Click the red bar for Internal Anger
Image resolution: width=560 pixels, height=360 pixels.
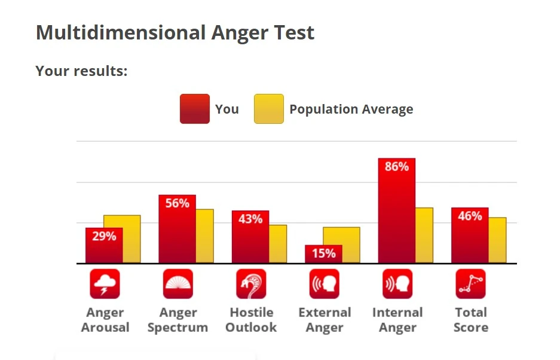coord(396,215)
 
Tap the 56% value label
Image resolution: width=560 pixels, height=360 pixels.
coord(177,203)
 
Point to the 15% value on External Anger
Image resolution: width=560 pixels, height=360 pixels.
coord(323,254)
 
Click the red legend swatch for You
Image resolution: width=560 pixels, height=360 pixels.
coord(194,109)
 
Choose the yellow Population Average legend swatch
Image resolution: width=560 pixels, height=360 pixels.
coord(268,109)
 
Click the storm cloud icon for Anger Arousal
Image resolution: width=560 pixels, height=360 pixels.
coord(105,284)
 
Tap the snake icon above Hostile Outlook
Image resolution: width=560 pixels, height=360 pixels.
coord(251,284)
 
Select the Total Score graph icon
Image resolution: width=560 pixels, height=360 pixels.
coord(470,284)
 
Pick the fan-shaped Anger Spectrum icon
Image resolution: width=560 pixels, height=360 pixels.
coord(178,284)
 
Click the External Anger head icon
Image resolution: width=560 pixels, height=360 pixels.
coord(324,284)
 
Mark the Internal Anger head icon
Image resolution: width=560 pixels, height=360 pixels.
coord(397,284)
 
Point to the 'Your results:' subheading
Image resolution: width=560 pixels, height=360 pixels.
coord(81,71)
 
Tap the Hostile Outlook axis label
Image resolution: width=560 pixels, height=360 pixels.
coord(251,320)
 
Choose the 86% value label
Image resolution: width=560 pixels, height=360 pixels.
coord(397,167)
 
